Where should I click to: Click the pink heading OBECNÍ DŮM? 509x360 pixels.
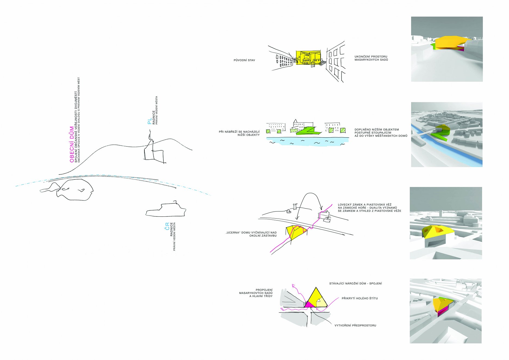[72, 144]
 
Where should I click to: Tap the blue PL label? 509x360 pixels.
[149, 121]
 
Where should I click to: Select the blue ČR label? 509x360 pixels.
[167, 226]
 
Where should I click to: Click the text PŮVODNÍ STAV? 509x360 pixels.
[244, 60]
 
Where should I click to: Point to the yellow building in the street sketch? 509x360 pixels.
[308, 58]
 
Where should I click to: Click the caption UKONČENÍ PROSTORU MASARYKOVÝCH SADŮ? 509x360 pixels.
[371, 58]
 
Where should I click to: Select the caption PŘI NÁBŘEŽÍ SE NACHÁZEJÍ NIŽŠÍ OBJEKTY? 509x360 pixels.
[239, 133]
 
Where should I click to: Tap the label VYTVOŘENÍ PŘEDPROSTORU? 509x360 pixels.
[355, 325]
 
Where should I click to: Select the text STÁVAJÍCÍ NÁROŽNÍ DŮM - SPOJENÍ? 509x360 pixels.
[355, 284]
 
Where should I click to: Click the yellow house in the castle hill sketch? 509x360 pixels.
[296, 232]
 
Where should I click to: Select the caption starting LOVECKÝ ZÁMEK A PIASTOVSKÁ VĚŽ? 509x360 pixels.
[370, 208]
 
